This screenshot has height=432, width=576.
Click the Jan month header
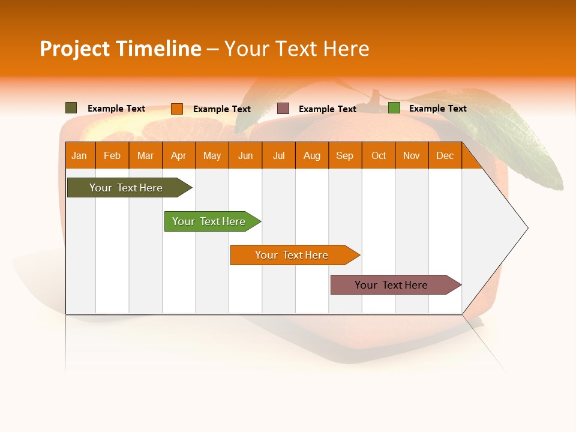click(79, 155)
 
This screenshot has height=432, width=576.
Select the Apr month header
click(178, 155)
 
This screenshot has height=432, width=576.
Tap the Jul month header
click(278, 155)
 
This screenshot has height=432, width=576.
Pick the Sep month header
click(344, 155)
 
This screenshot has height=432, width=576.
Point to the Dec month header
click(445, 155)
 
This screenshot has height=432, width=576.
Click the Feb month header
click(112, 155)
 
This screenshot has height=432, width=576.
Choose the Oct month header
click(379, 155)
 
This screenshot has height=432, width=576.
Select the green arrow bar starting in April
click(209, 221)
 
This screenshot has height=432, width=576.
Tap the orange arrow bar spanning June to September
click(292, 255)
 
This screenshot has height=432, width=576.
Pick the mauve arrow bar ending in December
click(391, 285)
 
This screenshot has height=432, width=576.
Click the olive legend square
click(71, 108)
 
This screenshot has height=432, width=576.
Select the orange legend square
click(176, 109)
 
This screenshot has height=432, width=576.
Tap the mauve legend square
click(283, 109)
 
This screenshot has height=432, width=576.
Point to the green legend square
click(394, 108)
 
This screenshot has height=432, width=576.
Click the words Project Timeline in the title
click(120, 49)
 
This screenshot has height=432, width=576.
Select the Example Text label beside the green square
click(437, 109)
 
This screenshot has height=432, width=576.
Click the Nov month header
click(412, 155)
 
